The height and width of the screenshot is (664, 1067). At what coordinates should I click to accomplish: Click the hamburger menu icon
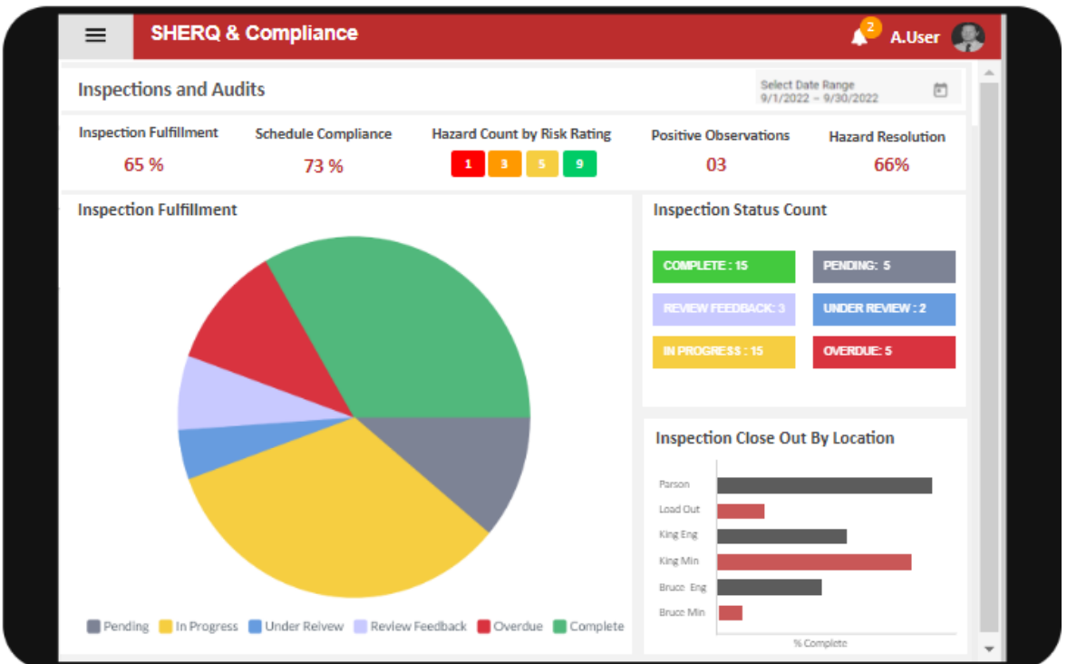(x=95, y=35)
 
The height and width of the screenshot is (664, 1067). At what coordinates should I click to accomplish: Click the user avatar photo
(x=967, y=36)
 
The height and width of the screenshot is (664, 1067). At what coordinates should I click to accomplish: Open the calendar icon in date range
(x=940, y=90)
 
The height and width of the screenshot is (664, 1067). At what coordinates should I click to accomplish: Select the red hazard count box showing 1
(x=468, y=164)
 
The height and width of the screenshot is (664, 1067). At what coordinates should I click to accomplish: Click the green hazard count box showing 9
(x=579, y=164)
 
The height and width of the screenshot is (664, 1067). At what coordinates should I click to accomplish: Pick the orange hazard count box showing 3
(x=505, y=164)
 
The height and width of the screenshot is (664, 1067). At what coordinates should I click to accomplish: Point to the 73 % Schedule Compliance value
(x=323, y=166)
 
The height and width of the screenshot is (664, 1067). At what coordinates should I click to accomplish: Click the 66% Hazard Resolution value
(x=891, y=165)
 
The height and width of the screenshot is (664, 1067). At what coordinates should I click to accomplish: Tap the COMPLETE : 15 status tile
(x=723, y=267)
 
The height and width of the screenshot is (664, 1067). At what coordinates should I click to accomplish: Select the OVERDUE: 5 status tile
(x=883, y=352)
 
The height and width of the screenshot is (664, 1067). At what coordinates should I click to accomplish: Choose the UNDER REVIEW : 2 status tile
(x=883, y=309)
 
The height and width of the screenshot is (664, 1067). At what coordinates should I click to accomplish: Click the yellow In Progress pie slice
(x=335, y=508)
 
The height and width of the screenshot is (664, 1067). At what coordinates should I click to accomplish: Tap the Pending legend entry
(x=118, y=627)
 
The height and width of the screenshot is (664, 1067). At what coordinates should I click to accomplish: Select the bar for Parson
(x=823, y=485)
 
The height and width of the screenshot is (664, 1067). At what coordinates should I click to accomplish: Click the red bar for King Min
(x=813, y=562)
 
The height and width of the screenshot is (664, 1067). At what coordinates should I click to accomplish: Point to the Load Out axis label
(x=679, y=510)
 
